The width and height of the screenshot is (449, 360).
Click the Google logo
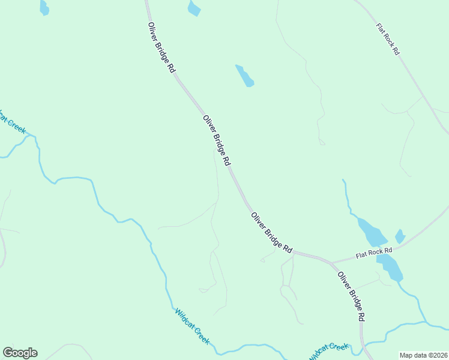tap(20, 353)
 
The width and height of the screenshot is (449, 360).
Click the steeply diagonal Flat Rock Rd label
tap(387, 40)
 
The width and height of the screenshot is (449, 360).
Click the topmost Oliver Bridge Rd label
tap(161, 48)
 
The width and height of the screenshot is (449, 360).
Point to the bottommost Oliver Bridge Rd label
tap(351, 296)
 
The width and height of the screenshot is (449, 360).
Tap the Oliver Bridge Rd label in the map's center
tap(216, 141)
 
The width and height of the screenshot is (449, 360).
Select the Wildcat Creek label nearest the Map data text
tap(329, 351)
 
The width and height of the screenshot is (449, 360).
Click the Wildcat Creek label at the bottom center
tap(192, 326)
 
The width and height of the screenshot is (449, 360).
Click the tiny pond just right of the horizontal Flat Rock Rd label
tap(400, 236)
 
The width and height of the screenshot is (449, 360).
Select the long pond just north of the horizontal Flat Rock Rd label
tap(372, 231)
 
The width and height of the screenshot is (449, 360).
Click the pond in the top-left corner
tap(44, 7)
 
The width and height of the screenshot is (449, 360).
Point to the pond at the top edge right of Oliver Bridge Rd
tap(193, 8)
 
